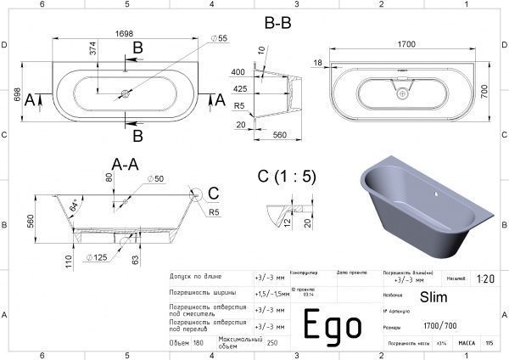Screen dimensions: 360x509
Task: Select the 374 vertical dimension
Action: tap(95, 53)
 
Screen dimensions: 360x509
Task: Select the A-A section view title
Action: tap(126, 164)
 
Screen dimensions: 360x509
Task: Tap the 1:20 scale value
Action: tap(485, 278)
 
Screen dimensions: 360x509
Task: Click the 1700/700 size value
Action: tap(439, 326)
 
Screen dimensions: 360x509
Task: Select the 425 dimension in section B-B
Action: tap(240, 87)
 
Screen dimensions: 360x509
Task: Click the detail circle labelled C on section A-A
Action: tap(197, 197)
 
